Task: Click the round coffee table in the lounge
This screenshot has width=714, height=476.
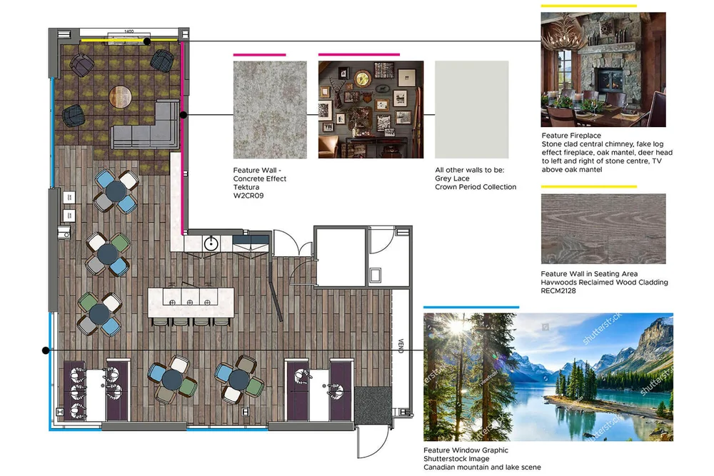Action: tap(120, 96)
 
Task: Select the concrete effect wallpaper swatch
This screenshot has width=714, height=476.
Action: tap(270, 110)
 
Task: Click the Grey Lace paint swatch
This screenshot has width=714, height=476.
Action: tap(472, 110)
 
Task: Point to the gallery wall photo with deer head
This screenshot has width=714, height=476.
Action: tap(371, 110)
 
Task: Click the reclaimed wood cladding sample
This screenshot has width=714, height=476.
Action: tap(603, 228)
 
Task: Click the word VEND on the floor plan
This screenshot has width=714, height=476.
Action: tap(401, 345)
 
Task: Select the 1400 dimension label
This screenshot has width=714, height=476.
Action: tap(129, 31)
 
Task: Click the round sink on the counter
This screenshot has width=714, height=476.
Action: tap(211, 244)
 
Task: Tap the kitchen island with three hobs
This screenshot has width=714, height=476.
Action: tap(191, 302)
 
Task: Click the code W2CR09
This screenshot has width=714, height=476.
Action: tap(248, 196)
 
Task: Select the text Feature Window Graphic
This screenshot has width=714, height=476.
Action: tap(466, 450)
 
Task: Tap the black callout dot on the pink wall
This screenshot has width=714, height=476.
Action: tap(183, 115)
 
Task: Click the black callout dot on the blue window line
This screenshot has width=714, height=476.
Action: tap(46, 350)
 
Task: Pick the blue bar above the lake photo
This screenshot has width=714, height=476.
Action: tap(471, 307)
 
